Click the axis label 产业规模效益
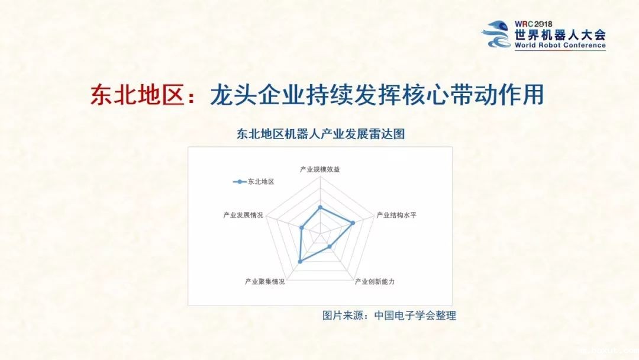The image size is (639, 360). pos(320,169)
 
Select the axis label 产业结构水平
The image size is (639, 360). pos(396,214)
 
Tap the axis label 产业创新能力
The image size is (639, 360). pos(375,281)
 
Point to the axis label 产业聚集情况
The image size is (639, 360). pos(265,281)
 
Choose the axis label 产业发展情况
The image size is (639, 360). pos(243,214)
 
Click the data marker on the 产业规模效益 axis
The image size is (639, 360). pos(320,207)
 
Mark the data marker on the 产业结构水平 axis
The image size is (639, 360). pos(353,223)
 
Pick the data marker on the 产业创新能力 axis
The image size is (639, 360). pos(330,246)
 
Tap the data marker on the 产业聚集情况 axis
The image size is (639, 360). pos(300,261)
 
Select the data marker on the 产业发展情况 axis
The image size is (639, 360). pos(302,228)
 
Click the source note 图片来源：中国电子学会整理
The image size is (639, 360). pos(389,316)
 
